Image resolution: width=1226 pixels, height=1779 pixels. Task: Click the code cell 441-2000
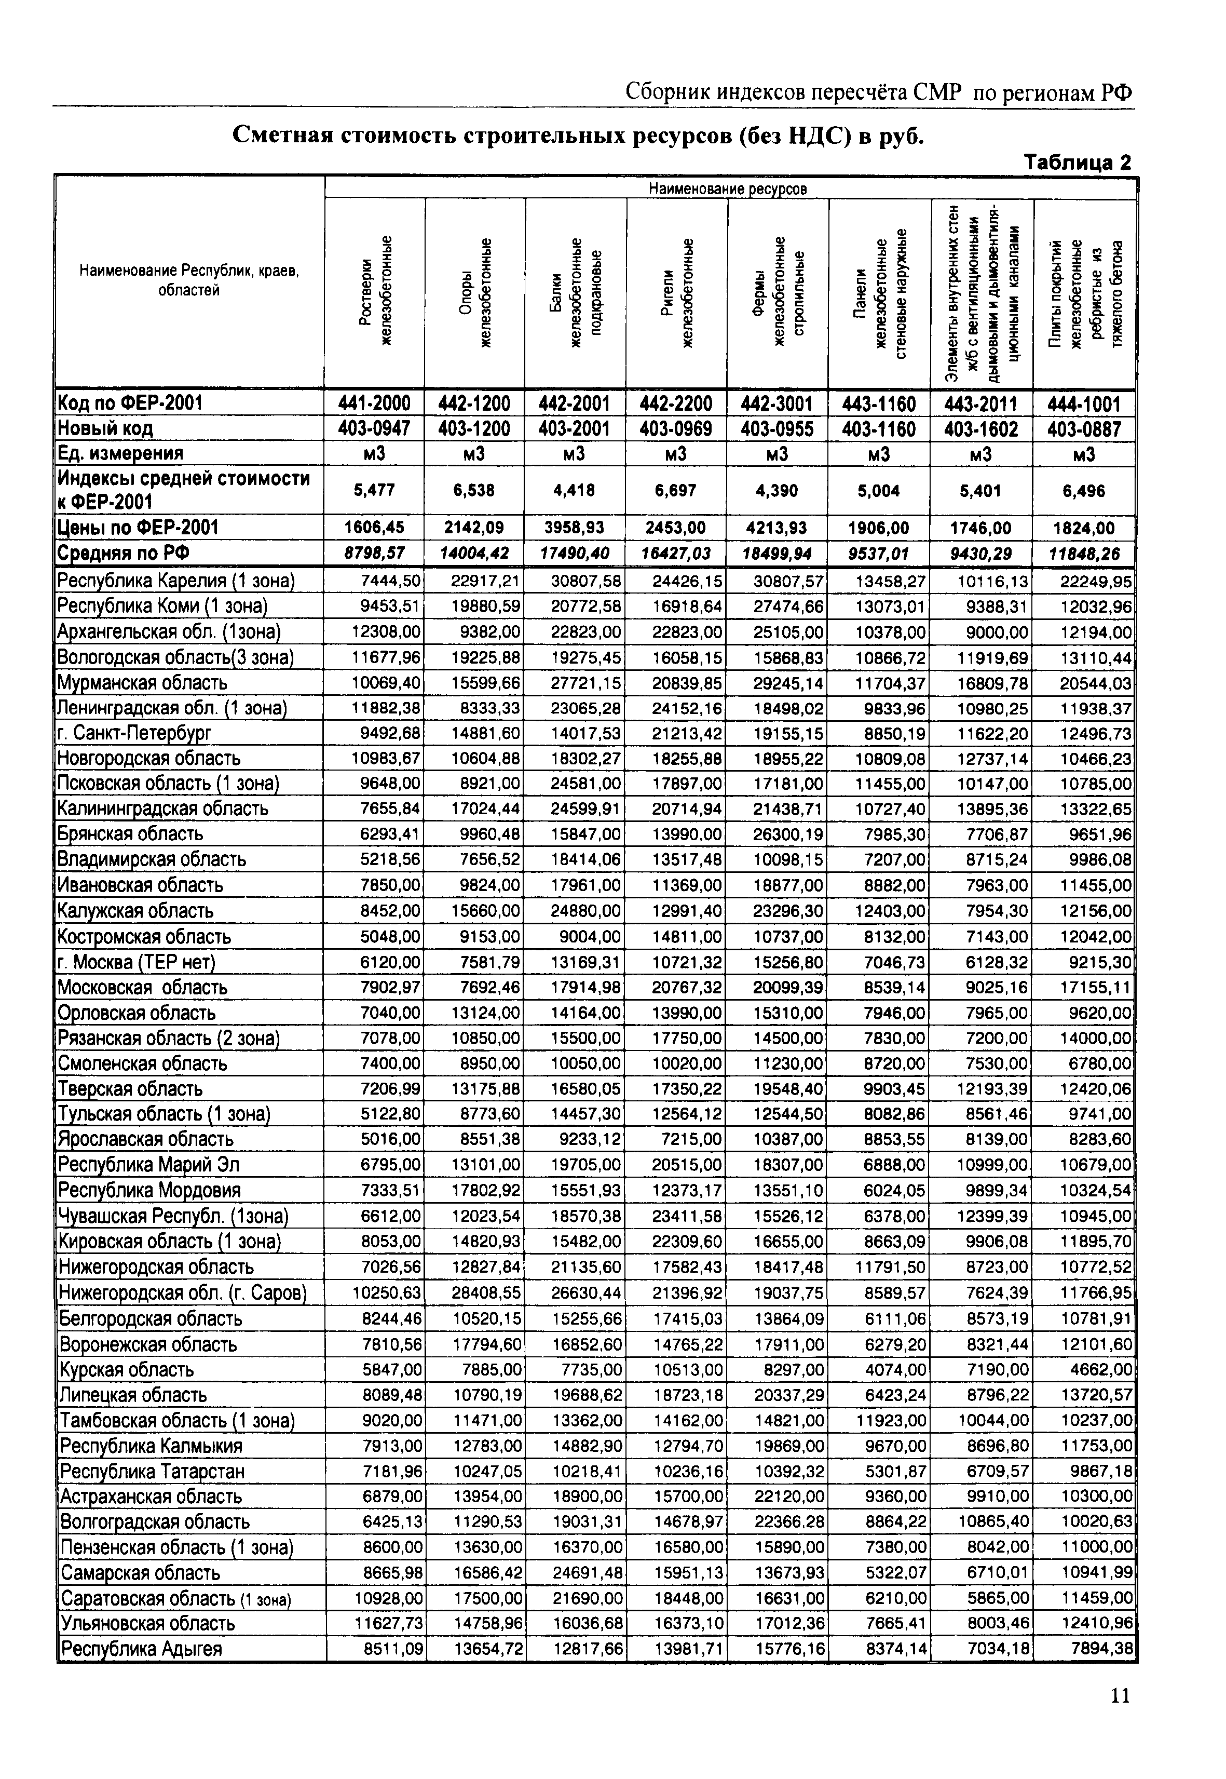(x=374, y=402)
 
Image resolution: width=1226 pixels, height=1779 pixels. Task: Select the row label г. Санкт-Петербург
(x=135, y=732)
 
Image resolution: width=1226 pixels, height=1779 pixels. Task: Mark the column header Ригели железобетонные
(x=677, y=293)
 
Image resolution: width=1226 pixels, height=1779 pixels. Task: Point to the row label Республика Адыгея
(x=141, y=1648)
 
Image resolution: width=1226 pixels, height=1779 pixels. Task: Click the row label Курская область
(x=128, y=1369)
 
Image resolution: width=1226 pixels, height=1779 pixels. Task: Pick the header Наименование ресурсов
(x=728, y=188)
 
